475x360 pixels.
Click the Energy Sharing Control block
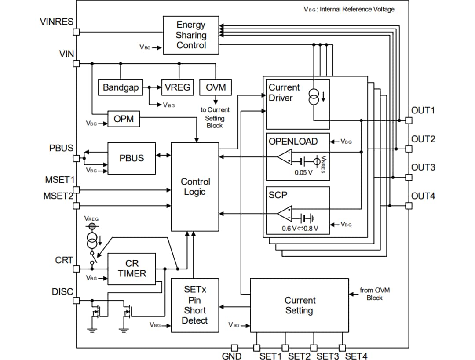pos(191,35)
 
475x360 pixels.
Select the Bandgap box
pos(121,87)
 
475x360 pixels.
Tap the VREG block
pos(178,87)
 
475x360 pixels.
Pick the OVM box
pos(216,87)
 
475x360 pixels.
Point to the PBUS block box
pos(132,158)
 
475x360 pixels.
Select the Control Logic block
pos(195,187)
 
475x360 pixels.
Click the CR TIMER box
pos(132,269)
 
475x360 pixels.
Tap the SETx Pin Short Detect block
pos(194,305)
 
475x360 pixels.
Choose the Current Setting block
pos(299,305)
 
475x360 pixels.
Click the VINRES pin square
pos(76,32)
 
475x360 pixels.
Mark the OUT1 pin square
pos(409,120)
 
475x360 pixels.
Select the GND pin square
pos(235,348)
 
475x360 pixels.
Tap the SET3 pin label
pos(327,356)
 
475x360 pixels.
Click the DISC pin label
pos(62,291)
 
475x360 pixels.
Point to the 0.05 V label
pos(303,172)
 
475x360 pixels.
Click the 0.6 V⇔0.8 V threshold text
pos(300,229)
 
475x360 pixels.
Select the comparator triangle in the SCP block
pos(285,213)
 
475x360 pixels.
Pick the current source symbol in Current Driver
pos(314,97)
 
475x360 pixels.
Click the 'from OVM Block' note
pos(374,294)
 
